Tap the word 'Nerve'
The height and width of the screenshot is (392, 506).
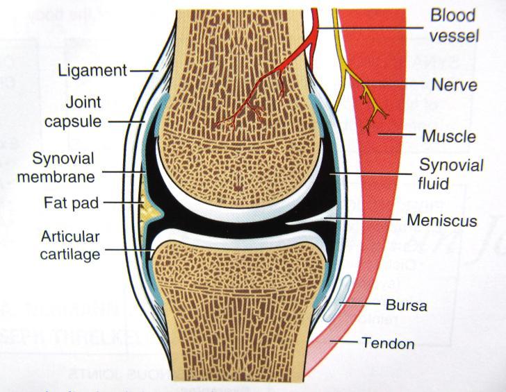[x=453, y=85]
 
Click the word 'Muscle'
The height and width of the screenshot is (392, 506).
[x=448, y=136]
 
